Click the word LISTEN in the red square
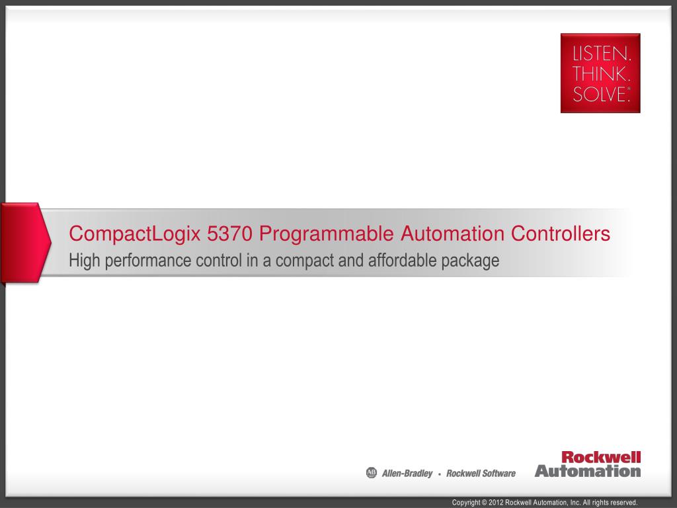tap(600, 54)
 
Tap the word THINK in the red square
tap(600, 74)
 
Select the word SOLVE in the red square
tap(599, 94)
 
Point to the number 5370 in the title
tap(229, 233)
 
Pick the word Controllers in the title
tap(561, 233)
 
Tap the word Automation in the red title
tap(452, 233)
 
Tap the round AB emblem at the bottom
tap(372, 473)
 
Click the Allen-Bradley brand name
tap(407, 474)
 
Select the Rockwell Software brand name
tap(481, 474)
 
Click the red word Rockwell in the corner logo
tap(601, 457)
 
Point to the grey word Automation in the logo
tap(588, 471)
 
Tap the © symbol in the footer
tap(484, 503)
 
